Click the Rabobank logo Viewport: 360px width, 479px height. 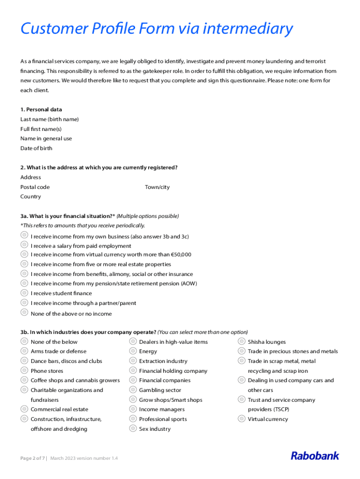(x=315, y=456)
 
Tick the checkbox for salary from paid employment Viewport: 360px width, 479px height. (x=24, y=245)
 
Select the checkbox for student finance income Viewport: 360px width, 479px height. (x=24, y=293)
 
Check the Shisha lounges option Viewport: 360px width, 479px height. (x=242, y=341)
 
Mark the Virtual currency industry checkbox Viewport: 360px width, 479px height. (x=242, y=419)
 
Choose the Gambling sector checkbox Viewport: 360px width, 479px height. (x=133, y=390)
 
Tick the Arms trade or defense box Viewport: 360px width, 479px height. (x=24, y=351)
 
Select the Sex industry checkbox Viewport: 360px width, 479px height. (x=133, y=428)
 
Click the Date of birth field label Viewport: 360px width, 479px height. (x=36, y=148)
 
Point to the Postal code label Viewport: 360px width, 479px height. (x=35, y=187)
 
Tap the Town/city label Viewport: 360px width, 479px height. (x=157, y=187)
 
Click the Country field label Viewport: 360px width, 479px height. (x=30, y=196)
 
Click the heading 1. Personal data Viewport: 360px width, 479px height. (x=41, y=109)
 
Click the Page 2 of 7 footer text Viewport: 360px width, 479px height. (x=32, y=458)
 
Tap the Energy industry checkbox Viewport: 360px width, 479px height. (x=133, y=351)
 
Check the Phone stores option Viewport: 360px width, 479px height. (x=24, y=370)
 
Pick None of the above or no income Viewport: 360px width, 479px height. (x=24, y=312)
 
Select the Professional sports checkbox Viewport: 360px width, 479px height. (x=133, y=419)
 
